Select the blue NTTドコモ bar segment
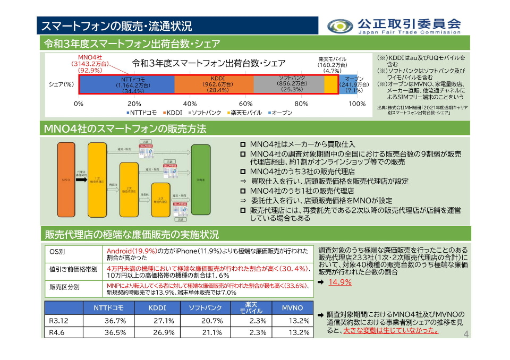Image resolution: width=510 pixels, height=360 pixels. [126, 84]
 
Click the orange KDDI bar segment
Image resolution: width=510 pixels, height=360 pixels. [214, 84]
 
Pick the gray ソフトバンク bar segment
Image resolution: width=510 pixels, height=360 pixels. [288, 84]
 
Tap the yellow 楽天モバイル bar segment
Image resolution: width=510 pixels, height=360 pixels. [330, 84]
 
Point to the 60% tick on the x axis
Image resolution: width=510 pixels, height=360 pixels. [245, 104]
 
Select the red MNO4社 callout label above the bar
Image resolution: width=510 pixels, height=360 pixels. [90, 63]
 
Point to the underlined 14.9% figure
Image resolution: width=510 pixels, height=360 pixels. [339, 282]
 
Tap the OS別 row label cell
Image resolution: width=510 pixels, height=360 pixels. [57, 252]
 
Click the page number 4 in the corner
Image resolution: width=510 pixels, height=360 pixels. [466, 333]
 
